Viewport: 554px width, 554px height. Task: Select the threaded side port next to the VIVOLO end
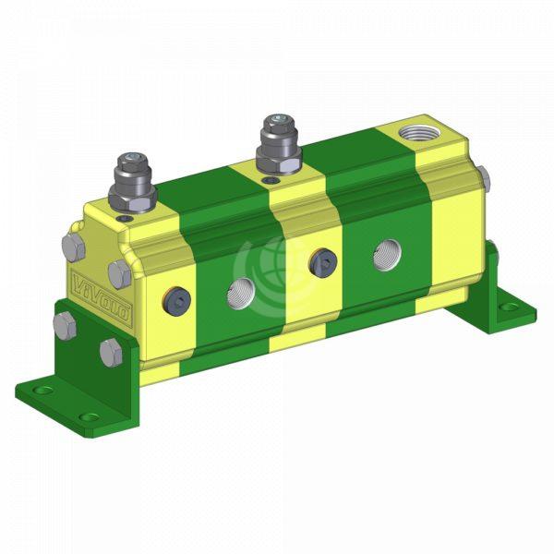click(x=241, y=292)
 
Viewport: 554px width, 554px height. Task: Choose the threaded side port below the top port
click(x=386, y=254)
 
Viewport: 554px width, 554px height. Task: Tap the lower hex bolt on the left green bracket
click(x=110, y=352)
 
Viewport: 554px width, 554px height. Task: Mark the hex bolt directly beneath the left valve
click(x=118, y=273)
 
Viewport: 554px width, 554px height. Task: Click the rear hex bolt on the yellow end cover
click(x=74, y=246)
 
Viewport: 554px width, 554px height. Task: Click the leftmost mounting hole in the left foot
click(x=40, y=391)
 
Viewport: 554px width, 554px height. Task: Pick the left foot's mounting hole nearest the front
click(x=90, y=417)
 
